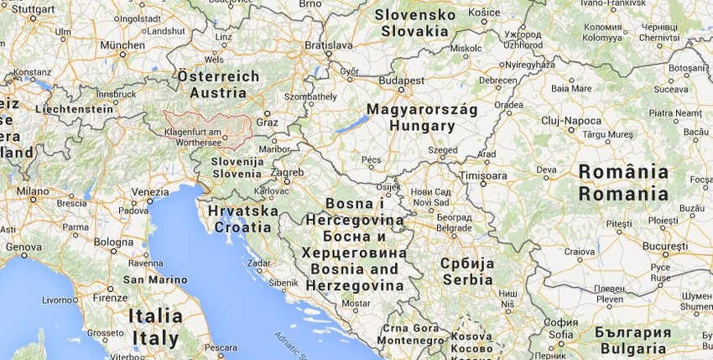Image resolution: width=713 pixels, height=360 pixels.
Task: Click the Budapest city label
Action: click(401, 81)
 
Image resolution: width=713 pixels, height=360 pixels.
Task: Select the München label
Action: click(122, 44)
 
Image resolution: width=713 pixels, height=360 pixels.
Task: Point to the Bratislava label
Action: click(329, 44)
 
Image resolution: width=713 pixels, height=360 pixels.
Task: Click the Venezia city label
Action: click(149, 191)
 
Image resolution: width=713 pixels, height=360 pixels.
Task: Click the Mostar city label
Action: click(356, 303)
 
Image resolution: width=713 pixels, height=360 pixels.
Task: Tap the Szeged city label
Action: click(442, 150)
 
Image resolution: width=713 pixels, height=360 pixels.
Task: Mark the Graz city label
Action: click(267, 122)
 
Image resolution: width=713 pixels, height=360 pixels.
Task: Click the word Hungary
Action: click(422, 127)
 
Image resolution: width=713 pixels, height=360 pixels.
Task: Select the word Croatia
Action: click(242, 227)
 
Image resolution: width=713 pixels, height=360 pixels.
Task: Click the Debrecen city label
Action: click(498, 80)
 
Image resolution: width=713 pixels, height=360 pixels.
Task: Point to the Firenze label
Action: click(110, 298)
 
